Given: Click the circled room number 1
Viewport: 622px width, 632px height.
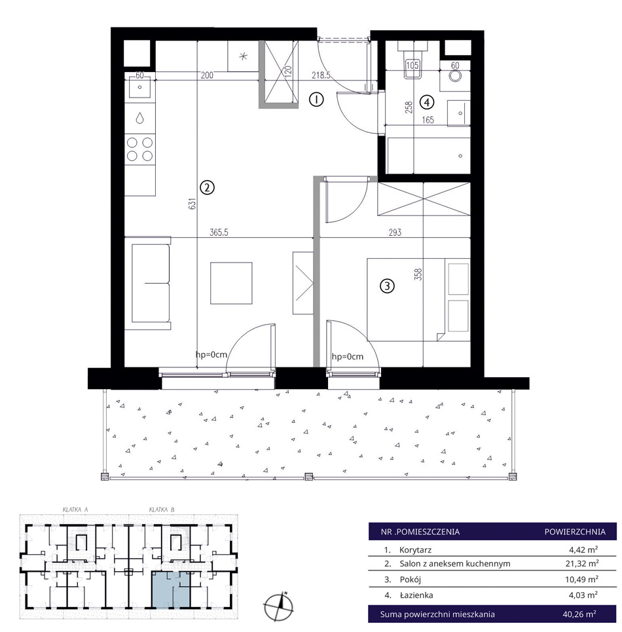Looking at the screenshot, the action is [316, 99].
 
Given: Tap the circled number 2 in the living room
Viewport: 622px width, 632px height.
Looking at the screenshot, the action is [207, 187].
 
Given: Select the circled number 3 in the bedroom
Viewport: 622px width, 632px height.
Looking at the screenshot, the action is [387, 286].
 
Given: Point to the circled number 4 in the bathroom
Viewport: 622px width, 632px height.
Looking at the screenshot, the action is [427, 102].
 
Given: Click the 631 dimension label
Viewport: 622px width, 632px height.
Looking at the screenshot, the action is [192, 203].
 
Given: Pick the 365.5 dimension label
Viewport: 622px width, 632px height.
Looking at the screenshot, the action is [219, 232].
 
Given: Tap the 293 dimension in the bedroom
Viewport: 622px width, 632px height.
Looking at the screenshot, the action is [395, 232].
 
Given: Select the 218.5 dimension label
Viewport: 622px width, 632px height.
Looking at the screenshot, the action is [321, 75].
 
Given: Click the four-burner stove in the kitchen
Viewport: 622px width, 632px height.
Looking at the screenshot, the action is [140, 149].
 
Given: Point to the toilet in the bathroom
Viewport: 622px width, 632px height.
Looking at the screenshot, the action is [412, 60].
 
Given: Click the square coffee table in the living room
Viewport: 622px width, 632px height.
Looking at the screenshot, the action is [231, 283].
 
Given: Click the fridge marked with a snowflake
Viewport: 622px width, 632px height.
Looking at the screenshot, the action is [243, 56].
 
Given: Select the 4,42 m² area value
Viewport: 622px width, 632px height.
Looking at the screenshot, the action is [583, 549].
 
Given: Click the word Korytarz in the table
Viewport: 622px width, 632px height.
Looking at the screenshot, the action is [415, 549].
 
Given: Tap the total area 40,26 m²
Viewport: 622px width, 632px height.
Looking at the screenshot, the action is [579, 614].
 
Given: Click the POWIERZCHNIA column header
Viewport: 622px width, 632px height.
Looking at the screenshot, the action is [575, 532].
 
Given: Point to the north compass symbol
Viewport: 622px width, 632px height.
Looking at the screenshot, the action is [278, 606].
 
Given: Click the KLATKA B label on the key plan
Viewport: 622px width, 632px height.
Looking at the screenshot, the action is [162, 510].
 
